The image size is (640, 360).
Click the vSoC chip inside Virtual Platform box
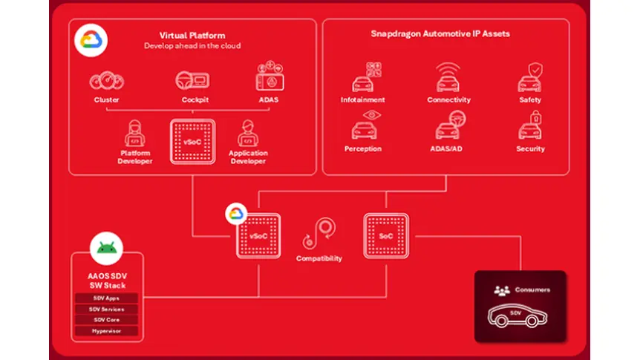pyautogui.click(x=192, y=141)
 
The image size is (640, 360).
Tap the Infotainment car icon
pyautogui.click(x=363, y=79)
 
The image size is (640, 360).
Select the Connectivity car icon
pyautogui.click(x=448, y=78)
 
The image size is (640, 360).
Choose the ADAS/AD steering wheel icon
pyautogui.click(x=448, y=127)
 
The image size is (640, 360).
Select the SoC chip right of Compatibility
pyautogui.click(x=386, y=235)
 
